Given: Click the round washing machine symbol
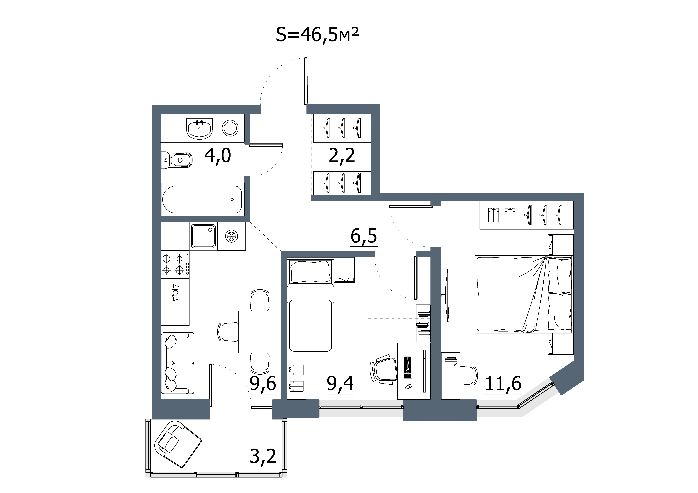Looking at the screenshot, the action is click(230, 128).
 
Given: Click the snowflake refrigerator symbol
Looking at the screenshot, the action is click(232, 236).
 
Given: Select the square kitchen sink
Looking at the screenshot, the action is click(203, 236).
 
